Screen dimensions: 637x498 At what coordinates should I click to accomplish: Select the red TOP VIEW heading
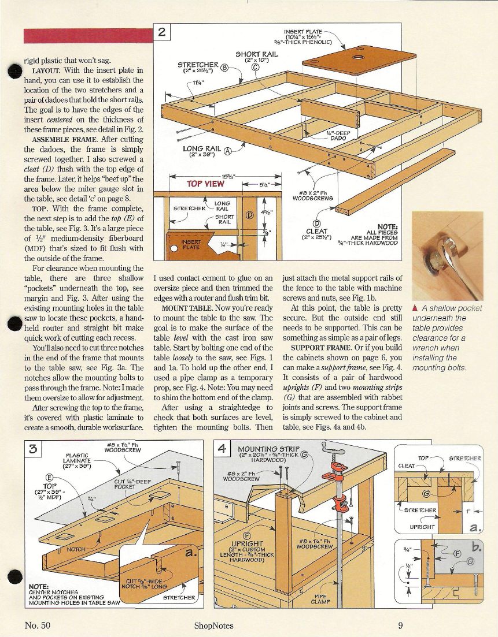click(x=206, y=184)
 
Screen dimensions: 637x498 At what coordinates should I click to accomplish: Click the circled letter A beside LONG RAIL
click(x=227, y=150)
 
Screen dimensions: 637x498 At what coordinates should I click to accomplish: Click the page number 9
click(x=400, y=625)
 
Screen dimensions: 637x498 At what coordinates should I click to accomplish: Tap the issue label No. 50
click(x=38, y=625)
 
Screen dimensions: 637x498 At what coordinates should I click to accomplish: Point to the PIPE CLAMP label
click(x=320, y=599)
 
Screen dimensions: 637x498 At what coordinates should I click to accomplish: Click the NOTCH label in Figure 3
click(x=77, y=549)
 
